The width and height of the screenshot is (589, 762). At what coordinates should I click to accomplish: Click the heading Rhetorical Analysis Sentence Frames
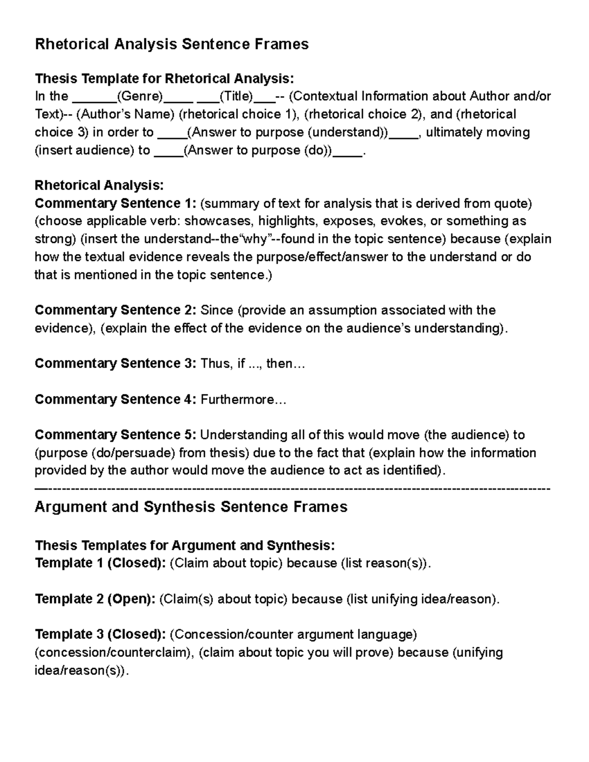(x=171, y=44)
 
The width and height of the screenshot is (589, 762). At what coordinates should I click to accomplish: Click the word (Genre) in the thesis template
(x=139, y=96)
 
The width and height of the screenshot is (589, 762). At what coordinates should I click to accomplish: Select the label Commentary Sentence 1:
(x=116, y=203)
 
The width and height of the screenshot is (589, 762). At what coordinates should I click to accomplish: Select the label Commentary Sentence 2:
(x=116, y=310)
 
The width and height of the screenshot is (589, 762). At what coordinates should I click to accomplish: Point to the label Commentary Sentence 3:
(x=116, y=364)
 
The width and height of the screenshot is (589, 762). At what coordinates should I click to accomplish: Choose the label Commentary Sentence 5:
(x=116, y=435)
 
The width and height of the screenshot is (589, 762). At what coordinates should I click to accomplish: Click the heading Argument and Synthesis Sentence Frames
(x=191, y=507)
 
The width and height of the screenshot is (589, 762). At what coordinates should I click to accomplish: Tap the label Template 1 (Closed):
(x=101, y=563)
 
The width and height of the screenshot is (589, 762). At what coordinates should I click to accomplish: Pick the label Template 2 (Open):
(x=95, y=599)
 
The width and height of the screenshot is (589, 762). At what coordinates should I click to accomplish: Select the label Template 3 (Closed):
(x=101, y=634)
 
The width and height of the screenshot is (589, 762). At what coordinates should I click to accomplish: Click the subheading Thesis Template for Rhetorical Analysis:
(x=164, y=79)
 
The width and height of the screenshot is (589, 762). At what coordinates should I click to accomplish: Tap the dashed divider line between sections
(x=293, y=489)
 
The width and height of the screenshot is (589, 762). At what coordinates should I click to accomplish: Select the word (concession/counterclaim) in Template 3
(x=115, y=653)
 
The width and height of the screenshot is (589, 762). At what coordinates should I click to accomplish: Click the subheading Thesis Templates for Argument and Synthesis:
(x=185, y=546)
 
